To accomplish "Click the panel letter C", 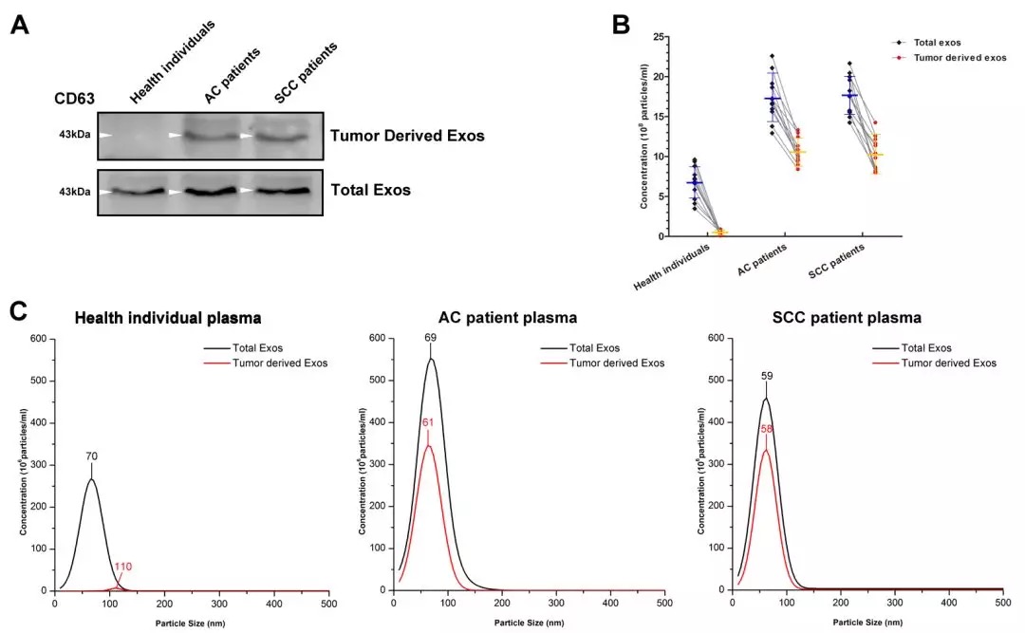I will tap(20, 312).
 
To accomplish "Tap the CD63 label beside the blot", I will tap(75, 98).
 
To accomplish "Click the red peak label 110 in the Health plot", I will tap(123, 567).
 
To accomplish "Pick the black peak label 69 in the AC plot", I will tap(430, 338).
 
